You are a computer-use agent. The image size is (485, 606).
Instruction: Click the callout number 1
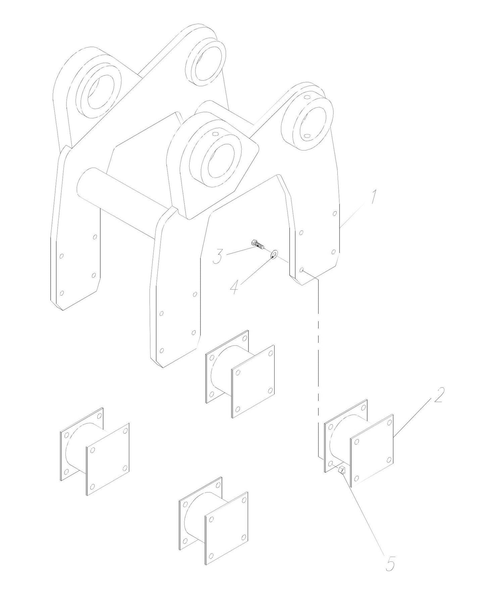pyautogui.click(x=373, y=198)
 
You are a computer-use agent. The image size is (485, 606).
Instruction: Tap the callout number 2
pyautogui.click(x=438, y=396)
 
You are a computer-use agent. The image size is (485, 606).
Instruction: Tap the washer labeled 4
pyautogui.click(x=274, y=255)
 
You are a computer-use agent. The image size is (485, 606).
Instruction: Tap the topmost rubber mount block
pyautogui.click(x=240, y=374)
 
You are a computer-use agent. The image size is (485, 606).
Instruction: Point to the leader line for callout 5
pyautogui.click(x=366, y=516)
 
